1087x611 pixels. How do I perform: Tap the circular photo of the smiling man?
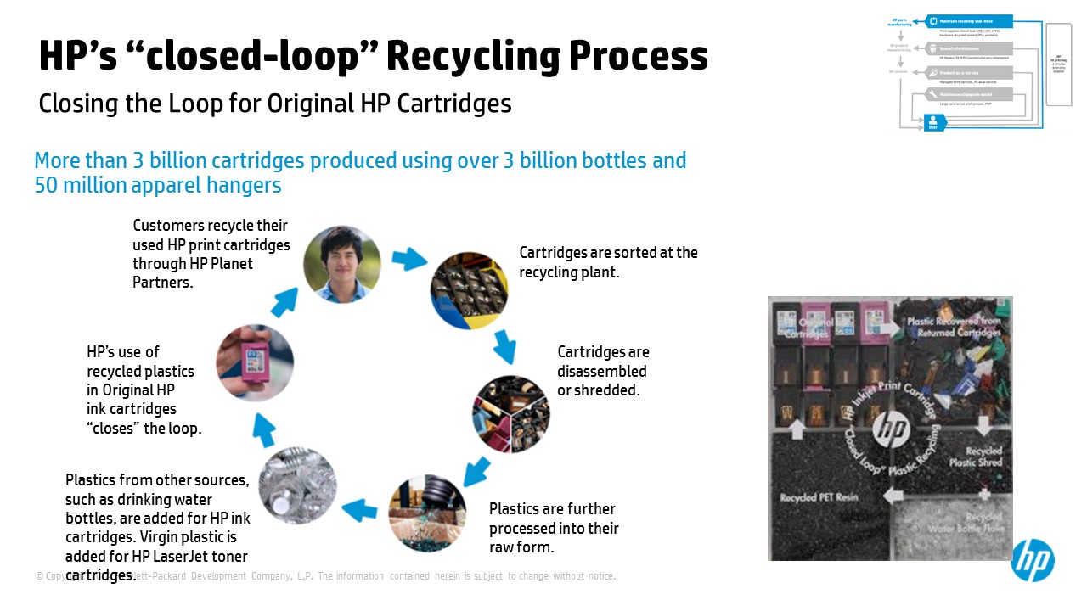[342, 264]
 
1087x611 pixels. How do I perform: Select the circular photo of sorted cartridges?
[469, 290]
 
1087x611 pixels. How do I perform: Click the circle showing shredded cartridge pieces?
[511, 414]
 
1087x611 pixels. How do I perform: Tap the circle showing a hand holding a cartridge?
[255, 362]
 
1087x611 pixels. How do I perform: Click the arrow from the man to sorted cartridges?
[410, 259]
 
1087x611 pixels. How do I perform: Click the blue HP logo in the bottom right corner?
[1032, 560]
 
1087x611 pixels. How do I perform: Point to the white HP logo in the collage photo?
[891, 429]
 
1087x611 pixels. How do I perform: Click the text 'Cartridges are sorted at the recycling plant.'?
[608, 262]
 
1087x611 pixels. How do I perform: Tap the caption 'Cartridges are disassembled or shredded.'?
[603, 371]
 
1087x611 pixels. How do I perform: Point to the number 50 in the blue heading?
[46, 184]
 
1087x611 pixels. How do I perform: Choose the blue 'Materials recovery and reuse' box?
[968, 21]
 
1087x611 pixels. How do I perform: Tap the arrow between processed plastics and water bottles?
[359, 510]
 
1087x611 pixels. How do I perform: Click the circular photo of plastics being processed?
[427, 514]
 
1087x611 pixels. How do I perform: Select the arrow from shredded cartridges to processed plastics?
[476, 470]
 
